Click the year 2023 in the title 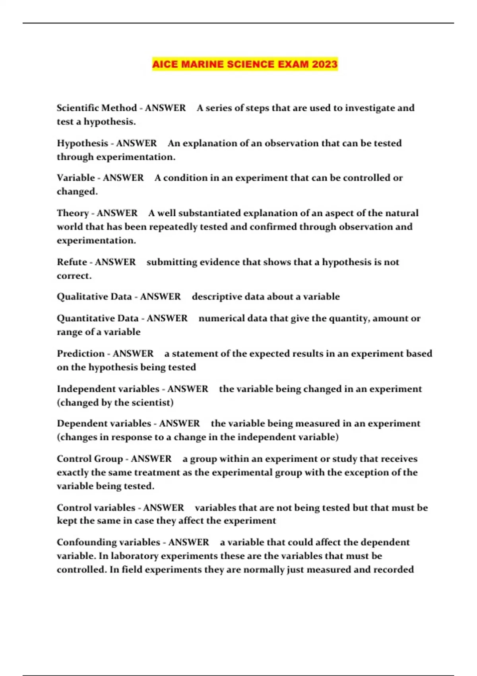(324, 64)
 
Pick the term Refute (72, 262)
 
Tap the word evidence (219, 262)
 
